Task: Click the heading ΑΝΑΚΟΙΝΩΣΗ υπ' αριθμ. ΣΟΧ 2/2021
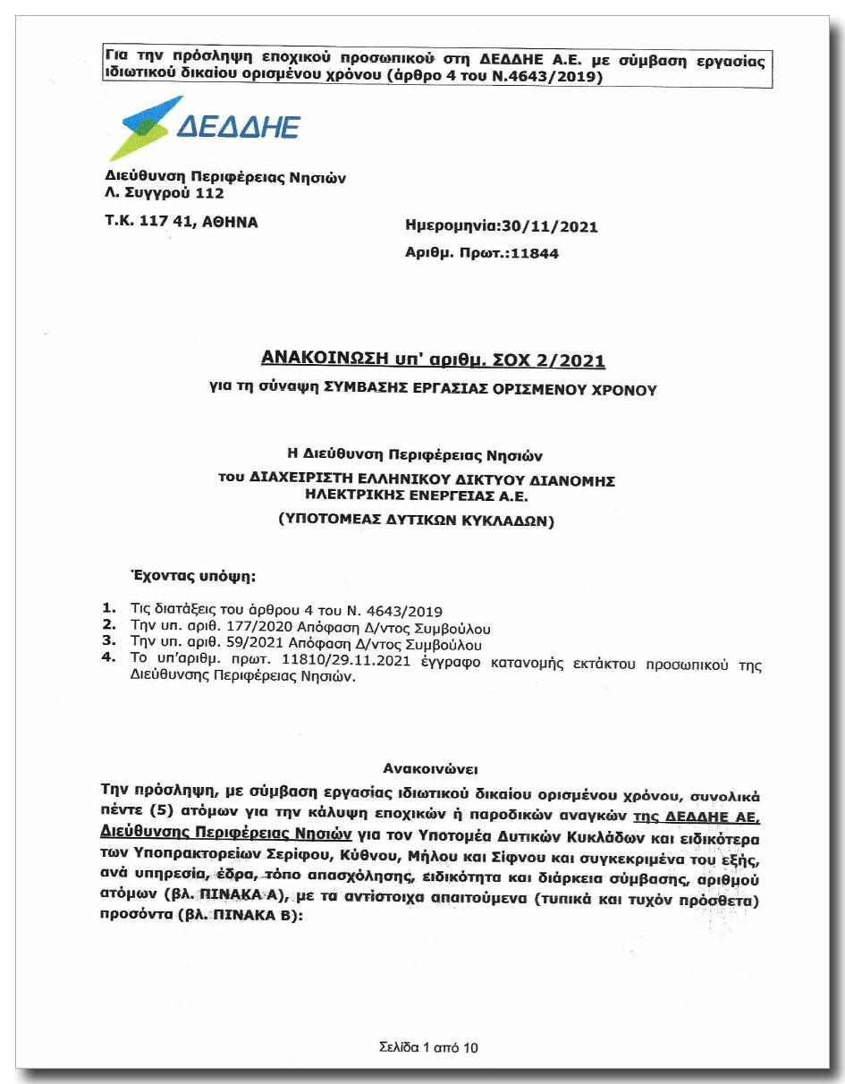point(433,360)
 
